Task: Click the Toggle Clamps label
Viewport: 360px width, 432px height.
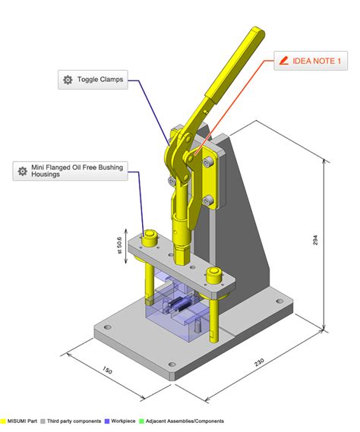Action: click(x=99, y=79)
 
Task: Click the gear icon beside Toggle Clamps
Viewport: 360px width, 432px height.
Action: click(x=68, y=79)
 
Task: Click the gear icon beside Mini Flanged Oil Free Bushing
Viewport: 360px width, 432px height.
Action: click(x=23, y=170)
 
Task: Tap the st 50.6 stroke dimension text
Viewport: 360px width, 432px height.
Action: click(x=118, y=251)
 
